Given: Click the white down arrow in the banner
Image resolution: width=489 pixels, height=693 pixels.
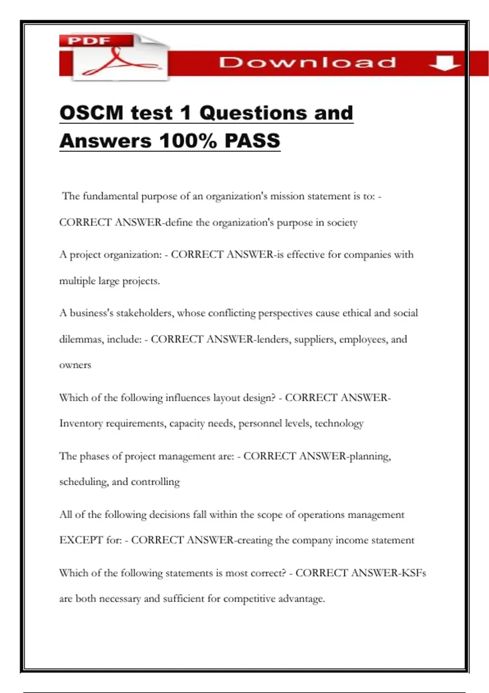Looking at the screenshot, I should click(x=445, y=63).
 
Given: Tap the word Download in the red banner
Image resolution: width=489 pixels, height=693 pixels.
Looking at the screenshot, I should click(x=307, y=62).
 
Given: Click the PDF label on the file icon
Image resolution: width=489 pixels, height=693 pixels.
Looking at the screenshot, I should click(x=89, y=41).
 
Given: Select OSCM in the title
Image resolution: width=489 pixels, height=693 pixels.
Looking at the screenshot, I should click(x=91, y=113).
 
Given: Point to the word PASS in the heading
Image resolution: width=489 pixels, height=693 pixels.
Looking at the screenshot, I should click(x=252, y=141).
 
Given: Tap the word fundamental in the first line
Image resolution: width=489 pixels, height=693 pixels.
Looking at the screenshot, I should click(x=110, y=196).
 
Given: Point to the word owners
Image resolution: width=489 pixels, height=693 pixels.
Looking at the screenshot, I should click(x=75, y=365).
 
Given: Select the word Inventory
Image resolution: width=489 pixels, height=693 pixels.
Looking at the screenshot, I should click(x=81, y=424).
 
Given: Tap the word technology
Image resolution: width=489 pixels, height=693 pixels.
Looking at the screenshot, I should click(x=339, y=424).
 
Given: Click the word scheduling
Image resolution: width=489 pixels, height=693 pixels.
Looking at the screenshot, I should click(x=84, y=482).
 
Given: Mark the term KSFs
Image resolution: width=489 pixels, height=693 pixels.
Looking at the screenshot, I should click(x=414, y=573).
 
